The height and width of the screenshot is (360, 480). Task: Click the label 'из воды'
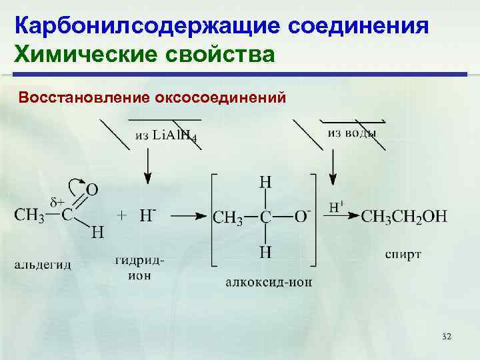pos(351,133)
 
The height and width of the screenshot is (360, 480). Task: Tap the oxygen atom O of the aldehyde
pos(92,190)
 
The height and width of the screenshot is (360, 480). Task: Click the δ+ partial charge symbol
pos(57,201)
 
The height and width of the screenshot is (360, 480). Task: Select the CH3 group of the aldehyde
pos(29,215)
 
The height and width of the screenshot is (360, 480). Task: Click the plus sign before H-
pos(122,215)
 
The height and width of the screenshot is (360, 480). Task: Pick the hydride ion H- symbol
pos(147,215)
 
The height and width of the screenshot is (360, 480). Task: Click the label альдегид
pos(42,265)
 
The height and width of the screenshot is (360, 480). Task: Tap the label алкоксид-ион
pos(269,282)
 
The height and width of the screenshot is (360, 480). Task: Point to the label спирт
pos(403,255)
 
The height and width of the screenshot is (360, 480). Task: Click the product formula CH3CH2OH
pos(404,215)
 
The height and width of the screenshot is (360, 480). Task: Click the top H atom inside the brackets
pos(265,182)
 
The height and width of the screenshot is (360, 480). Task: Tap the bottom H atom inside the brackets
pos(265,251)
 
